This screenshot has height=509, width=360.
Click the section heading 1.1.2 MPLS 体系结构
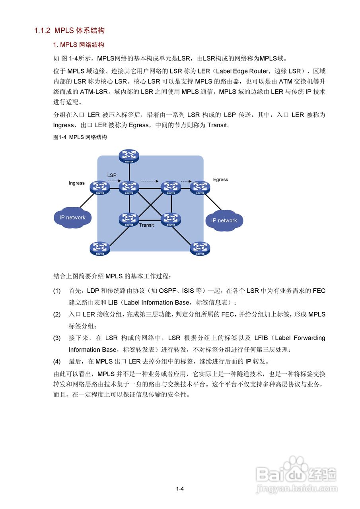[x=69, y=31]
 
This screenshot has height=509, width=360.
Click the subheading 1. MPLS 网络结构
[x=79, y=45]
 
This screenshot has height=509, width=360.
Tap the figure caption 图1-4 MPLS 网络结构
[x=80, y=137]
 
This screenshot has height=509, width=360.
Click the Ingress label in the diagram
[x=77, y=183]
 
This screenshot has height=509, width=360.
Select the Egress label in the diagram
[x=220, y=180]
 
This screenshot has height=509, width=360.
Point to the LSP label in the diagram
[x=112, y=175]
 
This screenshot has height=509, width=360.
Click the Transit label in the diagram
[x=146, y=225]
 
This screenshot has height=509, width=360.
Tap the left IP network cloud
[x=72, y=217]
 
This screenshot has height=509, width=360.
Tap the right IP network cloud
[x=224, y=220]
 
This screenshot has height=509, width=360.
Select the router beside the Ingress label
[x=100, y=187]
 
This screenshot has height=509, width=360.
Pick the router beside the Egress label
[x=200, y=187]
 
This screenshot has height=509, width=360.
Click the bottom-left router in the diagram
[x=100, y=248]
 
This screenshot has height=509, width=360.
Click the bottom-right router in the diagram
[x=200, y=248]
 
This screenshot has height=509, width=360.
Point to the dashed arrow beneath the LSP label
[x=114, y=181]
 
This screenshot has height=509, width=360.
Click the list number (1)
[x=57, y=291]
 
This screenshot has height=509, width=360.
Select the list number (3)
[x=57, y=338]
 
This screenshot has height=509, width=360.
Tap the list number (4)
[x=57, y=361]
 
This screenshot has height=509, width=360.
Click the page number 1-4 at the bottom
[x=180, y=489]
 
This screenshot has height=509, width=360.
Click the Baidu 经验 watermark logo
[x=296, y=474]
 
